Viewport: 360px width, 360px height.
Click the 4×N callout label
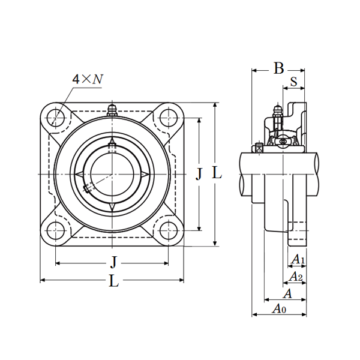tap(86, 79)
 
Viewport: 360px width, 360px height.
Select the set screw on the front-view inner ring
tap(89, 188)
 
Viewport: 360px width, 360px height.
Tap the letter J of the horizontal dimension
tap(113, 262)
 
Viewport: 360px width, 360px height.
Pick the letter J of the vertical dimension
tap(199, 174)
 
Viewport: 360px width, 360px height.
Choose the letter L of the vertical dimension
tap(217, 174)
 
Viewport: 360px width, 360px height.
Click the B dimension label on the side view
tap(278, 68)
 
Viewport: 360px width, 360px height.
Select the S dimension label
tap(293, 81)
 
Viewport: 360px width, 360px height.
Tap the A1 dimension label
tap(298, 260)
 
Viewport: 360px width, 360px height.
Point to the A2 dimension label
tap(295, 277)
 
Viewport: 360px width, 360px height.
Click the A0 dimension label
tap(279, 309)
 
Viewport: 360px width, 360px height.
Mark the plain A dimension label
tap(287, 293)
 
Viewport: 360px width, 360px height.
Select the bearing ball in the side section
tap(282, 142)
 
